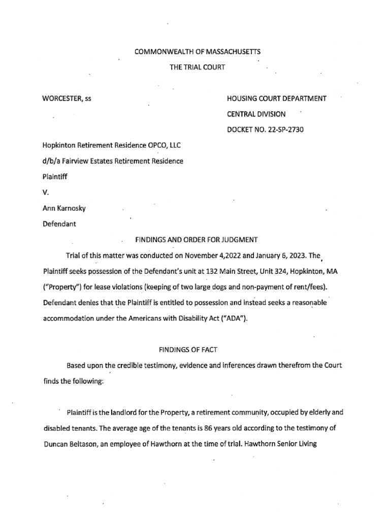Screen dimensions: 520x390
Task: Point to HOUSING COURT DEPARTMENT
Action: [x=277, y=99]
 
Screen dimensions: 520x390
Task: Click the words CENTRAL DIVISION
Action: [x=256, y=114]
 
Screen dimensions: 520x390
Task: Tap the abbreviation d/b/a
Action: [x=52, y=161]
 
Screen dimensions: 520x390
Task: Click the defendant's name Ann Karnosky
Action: [x=64, y=208]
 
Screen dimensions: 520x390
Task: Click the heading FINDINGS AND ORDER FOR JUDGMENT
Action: [x=195, y=240]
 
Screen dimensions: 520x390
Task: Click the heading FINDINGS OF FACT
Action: [x=194, y=350]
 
